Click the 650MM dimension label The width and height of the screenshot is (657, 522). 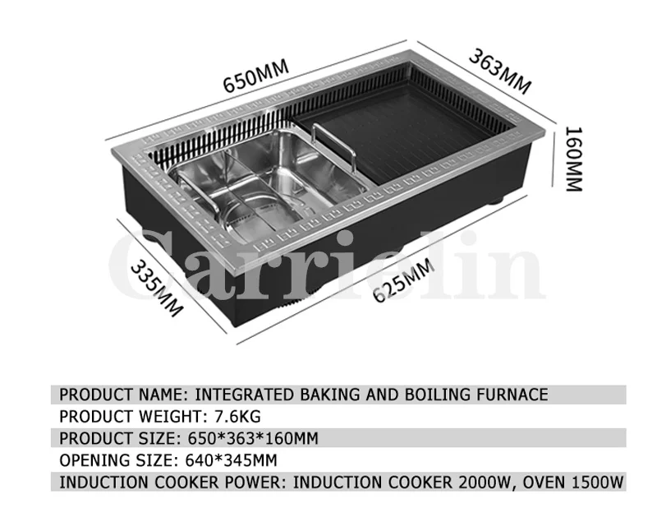255,80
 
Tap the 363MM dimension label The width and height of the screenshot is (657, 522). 500,72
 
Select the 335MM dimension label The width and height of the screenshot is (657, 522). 157,289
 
